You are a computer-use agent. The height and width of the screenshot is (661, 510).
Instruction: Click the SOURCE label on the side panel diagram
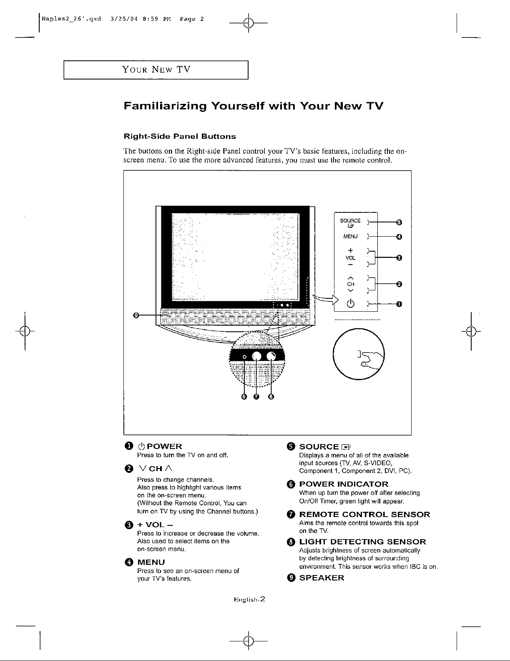pos(350,221)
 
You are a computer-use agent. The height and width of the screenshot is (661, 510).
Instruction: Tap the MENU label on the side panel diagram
pos(350,237)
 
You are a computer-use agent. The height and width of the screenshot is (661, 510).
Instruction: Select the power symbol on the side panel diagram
pos(351,303)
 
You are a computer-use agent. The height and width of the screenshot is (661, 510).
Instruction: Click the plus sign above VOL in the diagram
pos(351,250)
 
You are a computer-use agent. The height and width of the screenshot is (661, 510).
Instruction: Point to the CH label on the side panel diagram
pos(351,284)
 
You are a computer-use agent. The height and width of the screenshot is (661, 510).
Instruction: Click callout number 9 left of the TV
pos(136,315)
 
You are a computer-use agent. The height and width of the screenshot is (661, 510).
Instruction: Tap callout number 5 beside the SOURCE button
pos(399,221)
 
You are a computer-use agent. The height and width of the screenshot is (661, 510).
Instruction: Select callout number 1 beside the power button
pos(399,304)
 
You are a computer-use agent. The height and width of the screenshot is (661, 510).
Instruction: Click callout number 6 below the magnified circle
pos(244,396)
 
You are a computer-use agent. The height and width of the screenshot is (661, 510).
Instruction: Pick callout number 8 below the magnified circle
pos(271,396)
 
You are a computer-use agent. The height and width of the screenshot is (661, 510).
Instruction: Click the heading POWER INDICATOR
pos(344,484)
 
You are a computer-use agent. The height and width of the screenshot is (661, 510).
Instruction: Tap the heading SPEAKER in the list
pos(322,578)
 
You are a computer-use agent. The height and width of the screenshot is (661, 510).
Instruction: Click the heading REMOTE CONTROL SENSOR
pos(365,514)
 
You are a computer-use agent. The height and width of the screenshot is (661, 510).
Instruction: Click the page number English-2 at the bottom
pos(250,600)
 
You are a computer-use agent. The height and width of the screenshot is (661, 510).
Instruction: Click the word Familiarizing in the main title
pos(166,106)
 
